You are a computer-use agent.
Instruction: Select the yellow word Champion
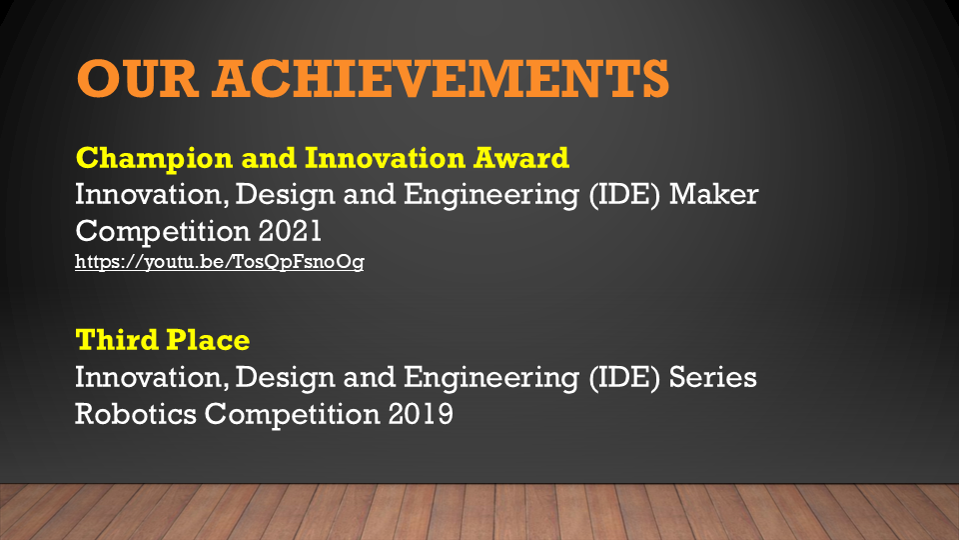click(x=154, y=159)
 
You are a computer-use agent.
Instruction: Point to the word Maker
click(x=713, y=194)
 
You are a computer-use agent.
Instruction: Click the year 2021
click(x=290, y=231)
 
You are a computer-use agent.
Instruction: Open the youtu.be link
click(x=220, y=262)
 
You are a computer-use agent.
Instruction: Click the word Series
click(x=713, y=377)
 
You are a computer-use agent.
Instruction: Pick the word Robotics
click(x=136, y=414)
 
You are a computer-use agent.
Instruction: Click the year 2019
click(x=421, y=414)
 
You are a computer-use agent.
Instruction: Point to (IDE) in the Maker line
click(x=624, y=195)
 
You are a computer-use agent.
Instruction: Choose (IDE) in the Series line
click(x=624, y=378)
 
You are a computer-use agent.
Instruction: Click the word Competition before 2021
click(x=163, y=232)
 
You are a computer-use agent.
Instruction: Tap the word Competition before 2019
click(x=293, y=415)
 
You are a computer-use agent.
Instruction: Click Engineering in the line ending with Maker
click(x=491, y=195)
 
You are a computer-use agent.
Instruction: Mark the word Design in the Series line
click(x=285, y=378)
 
